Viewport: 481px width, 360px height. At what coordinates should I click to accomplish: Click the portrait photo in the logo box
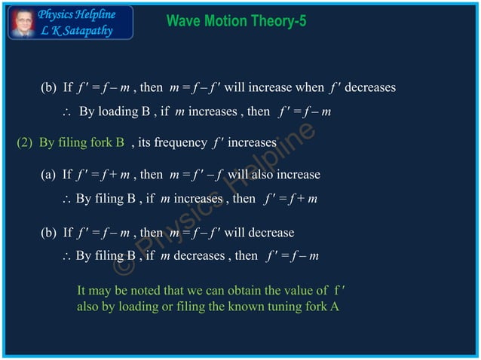coord(22,23)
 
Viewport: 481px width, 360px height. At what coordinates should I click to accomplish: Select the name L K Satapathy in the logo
coord(77,30)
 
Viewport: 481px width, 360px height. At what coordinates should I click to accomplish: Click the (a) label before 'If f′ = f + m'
coord(49,175)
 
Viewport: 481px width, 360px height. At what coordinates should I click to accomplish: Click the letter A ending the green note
coord(335,307)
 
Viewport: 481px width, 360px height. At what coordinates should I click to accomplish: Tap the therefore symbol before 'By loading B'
coord(66,112)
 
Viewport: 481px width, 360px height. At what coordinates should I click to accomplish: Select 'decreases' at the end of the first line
coord(369,87)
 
